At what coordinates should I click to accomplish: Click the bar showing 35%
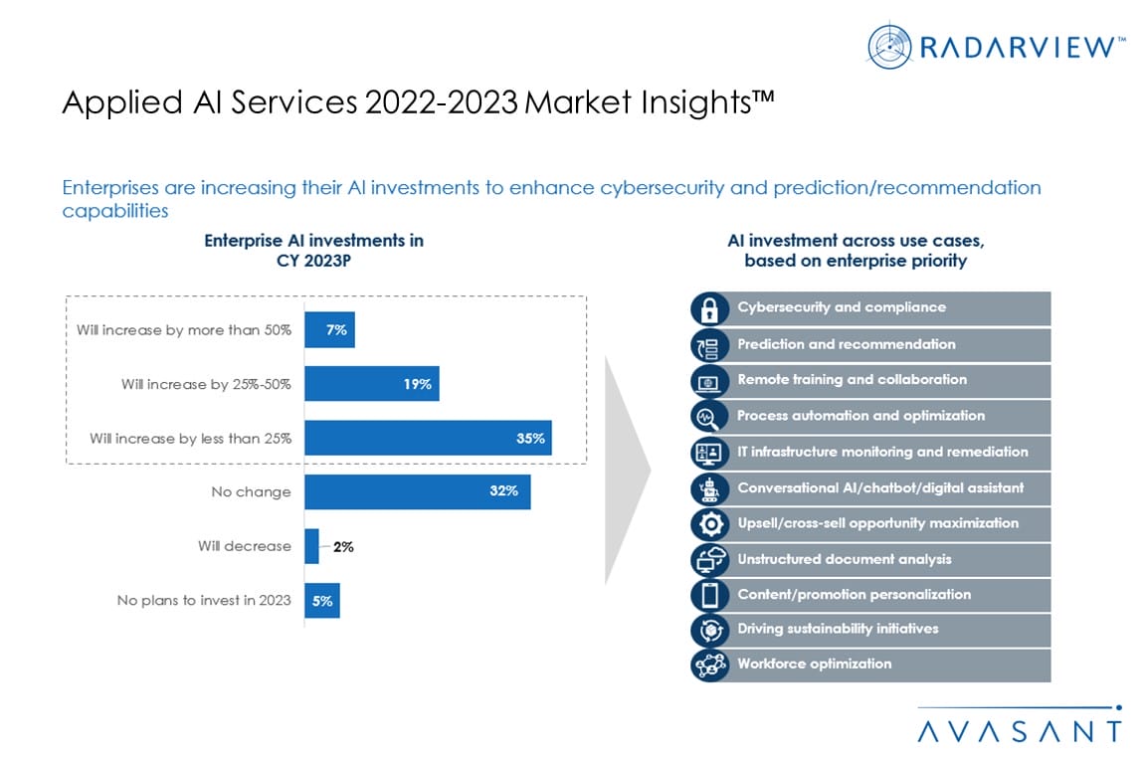[428, 438]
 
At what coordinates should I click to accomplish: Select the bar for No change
[417, 491]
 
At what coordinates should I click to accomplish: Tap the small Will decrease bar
[311, 546]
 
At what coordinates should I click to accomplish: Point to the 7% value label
[337, 329]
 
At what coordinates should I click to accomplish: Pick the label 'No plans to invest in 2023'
[204, 600]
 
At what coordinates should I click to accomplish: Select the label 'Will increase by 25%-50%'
[206, 384]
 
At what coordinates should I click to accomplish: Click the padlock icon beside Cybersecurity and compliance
[709, 308]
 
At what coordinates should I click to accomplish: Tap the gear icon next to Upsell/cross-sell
[709, 524]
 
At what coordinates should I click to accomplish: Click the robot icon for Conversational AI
[709, 488]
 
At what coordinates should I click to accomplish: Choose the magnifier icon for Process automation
[709, 416]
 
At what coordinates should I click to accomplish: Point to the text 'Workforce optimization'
[814, 664]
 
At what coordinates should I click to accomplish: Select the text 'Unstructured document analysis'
[844, 559]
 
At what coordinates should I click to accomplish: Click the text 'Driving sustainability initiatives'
[838, 629]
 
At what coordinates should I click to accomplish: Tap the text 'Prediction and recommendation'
[846, 344]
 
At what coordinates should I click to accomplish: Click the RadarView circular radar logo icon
[889, 47]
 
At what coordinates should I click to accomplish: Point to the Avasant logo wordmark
[1019, 730]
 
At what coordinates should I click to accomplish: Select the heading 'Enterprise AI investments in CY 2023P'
[313, 251]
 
